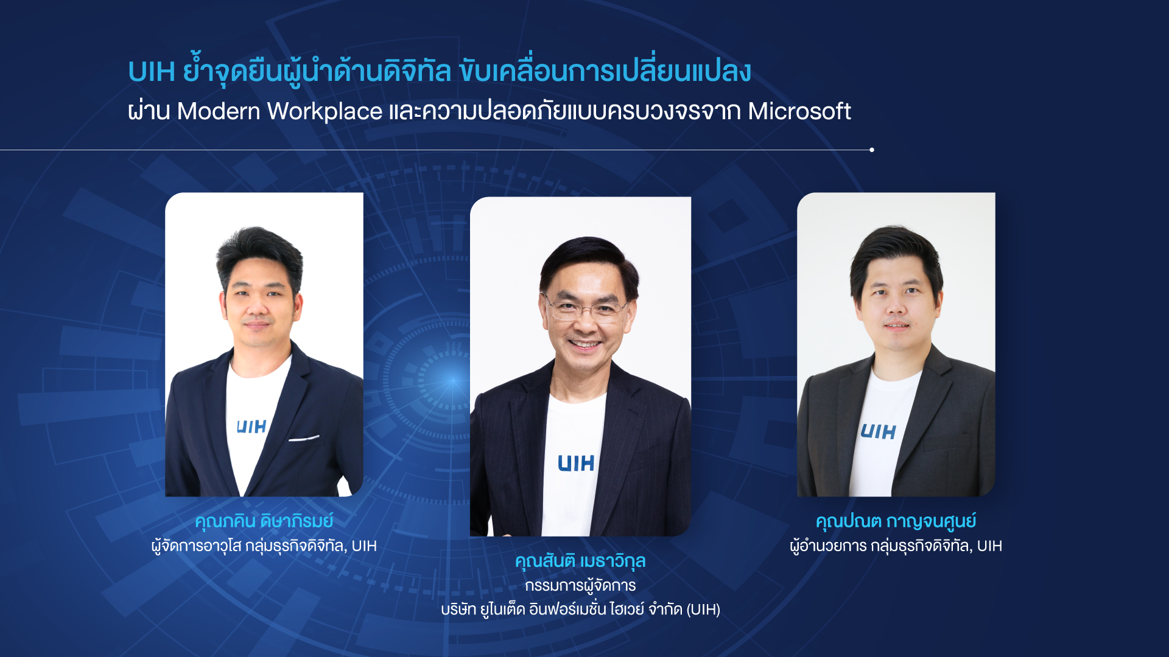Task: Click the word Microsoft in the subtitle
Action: point(799,111)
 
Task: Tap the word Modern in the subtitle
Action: point(219,111)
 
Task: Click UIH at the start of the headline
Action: point(152,72)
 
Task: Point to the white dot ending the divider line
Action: point(872,150)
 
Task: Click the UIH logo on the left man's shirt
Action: point(251,426)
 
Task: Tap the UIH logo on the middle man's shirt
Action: point(576,464)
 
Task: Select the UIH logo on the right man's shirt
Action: point(878,432)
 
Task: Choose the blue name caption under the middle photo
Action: point(580,561)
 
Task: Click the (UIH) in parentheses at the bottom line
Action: point(703,610)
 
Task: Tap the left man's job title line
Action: point(264,546)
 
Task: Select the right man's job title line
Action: point(896,546)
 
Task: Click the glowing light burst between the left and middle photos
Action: point(452,380)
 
